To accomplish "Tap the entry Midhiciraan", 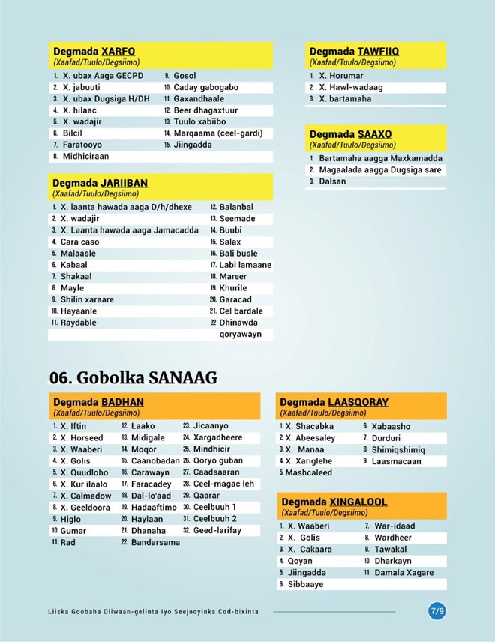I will pyautogui.click(x=85, y=156).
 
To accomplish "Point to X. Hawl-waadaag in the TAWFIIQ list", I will pyautogui.click(x=350, y=87).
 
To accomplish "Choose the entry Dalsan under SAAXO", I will pyautogui.click(x=332, y=181).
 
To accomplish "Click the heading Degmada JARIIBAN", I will pyautogui.click(x=100, y=183).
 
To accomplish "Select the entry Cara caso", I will pyautogui.click(x=79, y=242).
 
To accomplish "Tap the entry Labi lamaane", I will pyautogui.click(x=245, y=265).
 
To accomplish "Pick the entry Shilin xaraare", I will pyautogui.click(x=87, y=299).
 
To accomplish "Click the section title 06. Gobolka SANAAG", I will pyautogui.click(x=133, y=377).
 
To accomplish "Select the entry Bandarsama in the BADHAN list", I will pyautogui.click(x=155, y=542).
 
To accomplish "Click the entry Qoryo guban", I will pyautogui.click(x=217, y=460).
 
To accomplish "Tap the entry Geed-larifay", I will pyautogui.click(x=217, y=530).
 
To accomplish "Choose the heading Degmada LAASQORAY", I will pyautogui.click(x=334, y=402).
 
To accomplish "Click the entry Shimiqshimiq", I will pyautogui.click(x=397, y=449).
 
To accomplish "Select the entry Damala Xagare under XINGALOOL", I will pyautogui.click(x=403, y=573).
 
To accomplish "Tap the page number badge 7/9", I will pyautogui.click(x=437, y=611).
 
